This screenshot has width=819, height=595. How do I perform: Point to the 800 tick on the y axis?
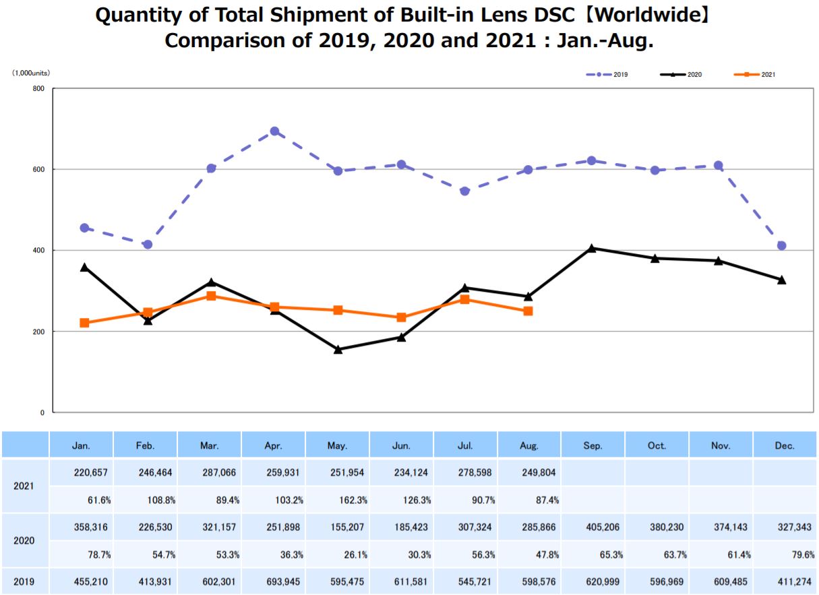(40, 89)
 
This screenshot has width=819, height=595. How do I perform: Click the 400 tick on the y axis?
(40, 251)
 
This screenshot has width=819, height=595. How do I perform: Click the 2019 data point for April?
(274, 131)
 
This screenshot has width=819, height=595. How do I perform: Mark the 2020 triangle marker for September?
(592, 248)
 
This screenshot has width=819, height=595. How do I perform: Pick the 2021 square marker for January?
(84, 323)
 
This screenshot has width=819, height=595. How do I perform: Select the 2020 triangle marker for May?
(338, 349)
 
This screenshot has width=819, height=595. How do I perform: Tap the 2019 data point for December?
(781, 245)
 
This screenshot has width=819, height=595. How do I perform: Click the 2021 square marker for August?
(528, 311)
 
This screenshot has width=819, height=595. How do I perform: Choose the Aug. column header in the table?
(529, 445)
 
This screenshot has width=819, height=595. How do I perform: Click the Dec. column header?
(785, 445)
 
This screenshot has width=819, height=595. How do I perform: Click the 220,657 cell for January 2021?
(82, 472)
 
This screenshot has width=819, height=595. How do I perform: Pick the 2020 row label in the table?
(24, 540)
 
